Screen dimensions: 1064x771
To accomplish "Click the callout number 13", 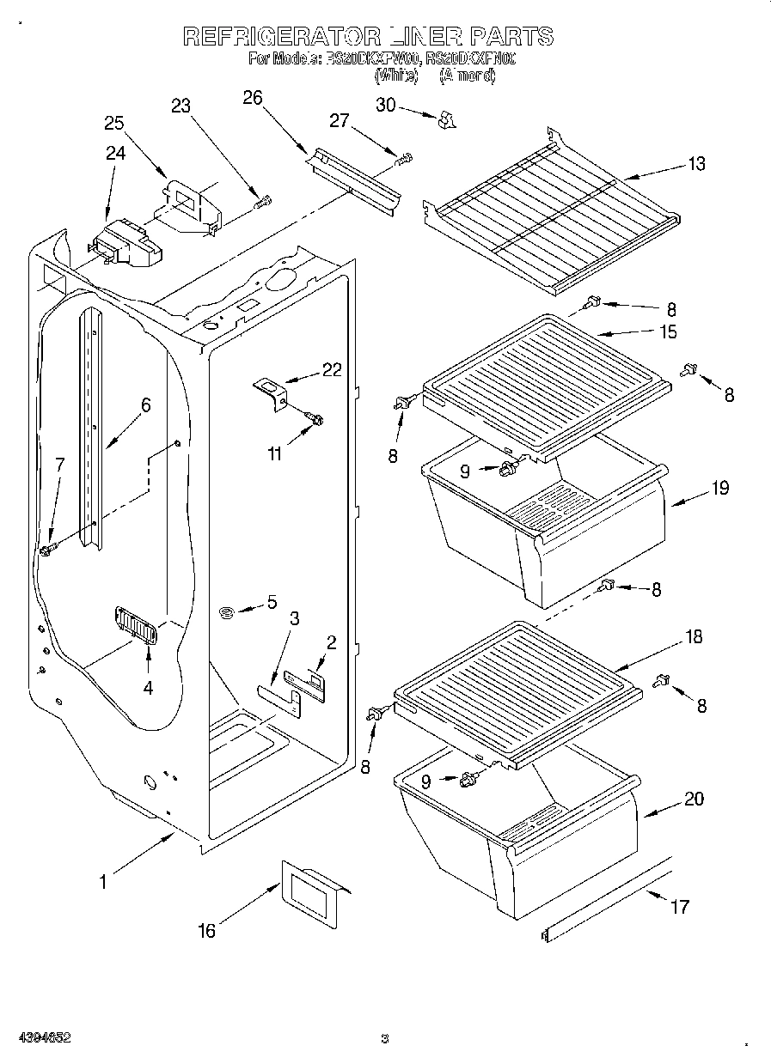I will pyautogui.click(x=696, y=164).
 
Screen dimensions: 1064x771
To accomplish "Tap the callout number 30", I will pyautogui.click(x=386, y=105).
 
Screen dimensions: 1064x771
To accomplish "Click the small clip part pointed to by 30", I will pyautogui.click(x=445, y=121).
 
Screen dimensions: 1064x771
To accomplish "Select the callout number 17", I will pyautogui.click(x=679, y=906).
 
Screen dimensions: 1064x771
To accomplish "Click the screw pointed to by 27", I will pyautogui.click(x=404, y=159).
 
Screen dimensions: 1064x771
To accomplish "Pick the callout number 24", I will pyautogui.click(x=115, y=154).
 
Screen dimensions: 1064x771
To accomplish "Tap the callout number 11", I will pyautogui.click(x=274, y=454).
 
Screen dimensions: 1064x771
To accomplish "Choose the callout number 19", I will pyautogui.click(x=719, y=488).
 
